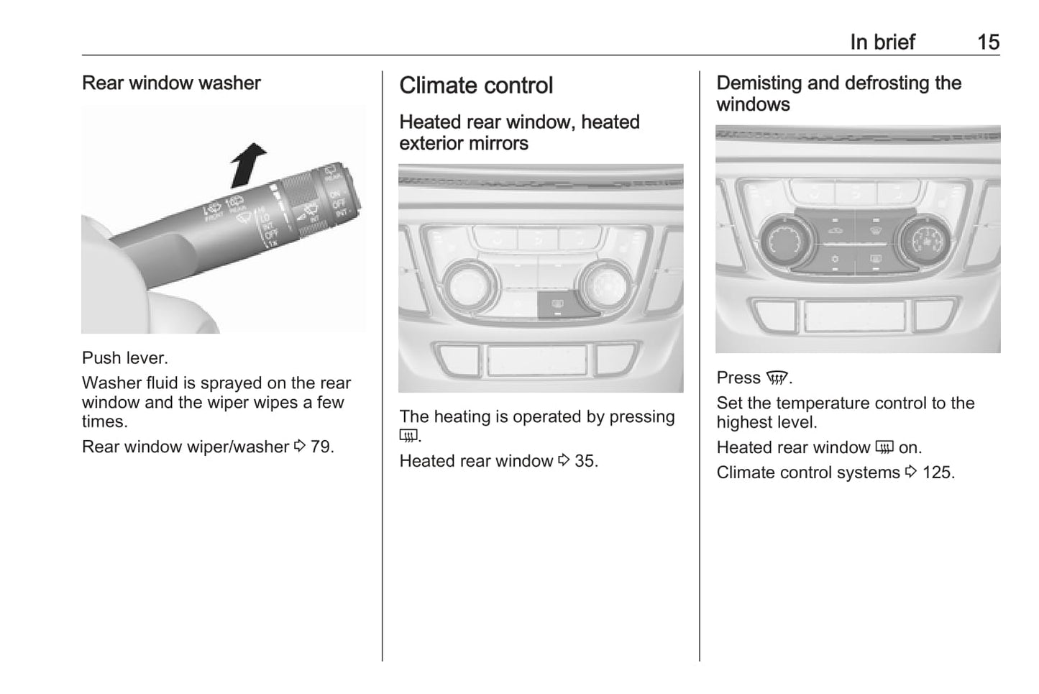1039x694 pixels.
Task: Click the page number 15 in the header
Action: coord(988,42)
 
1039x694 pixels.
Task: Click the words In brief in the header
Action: coord(882,42)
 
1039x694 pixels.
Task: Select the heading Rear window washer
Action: coord(171,83)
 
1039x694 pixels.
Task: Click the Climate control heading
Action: coord(476,86)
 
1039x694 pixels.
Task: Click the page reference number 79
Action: coord(321,447)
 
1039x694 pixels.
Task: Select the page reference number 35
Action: coord(585,461)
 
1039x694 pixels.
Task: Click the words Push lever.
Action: coord(125,358)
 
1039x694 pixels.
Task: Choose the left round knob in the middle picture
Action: coord(471,286)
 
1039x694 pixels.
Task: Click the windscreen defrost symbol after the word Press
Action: coord(777,378)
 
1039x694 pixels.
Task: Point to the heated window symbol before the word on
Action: coord(884,448)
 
